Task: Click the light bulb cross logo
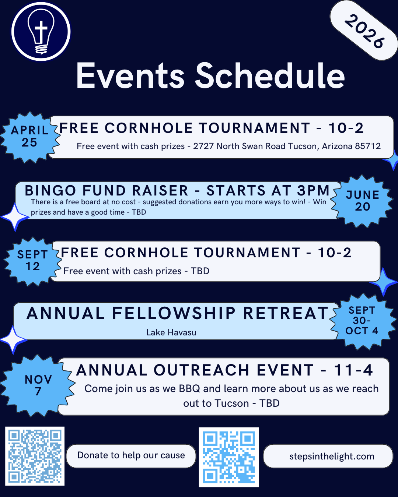41,32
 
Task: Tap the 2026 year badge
364,31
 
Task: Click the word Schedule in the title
270,76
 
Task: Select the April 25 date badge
29,137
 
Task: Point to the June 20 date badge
362,201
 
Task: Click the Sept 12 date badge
32,261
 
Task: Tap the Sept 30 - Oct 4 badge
362,321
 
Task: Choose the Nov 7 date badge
38,385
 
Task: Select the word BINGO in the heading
50,191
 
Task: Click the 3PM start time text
313,191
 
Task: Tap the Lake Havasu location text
171,332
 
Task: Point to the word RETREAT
286,314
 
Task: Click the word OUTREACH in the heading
202,370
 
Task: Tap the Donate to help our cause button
131,456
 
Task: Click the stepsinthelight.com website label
332,457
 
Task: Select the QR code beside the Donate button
35,456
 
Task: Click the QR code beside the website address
229,457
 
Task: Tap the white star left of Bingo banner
15,217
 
